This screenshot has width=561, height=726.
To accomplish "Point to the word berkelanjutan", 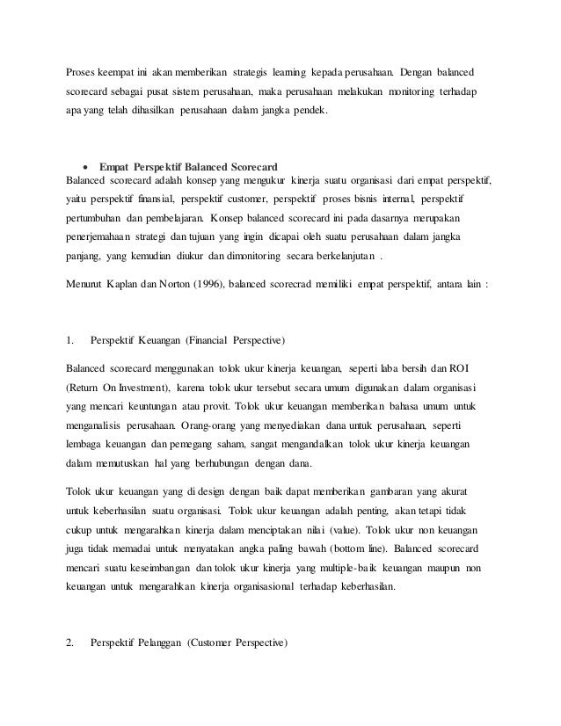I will pyautogui.click(x=339, y=256).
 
